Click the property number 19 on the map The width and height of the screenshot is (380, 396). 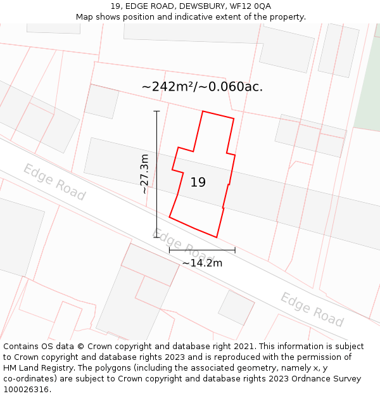click(x=198, y=182)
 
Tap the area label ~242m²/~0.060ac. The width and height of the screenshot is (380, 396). click(x=202, y=87)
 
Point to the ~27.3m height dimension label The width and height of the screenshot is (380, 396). click(x=145, y=174)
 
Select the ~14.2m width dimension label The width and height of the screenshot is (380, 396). click(x=202, y=263)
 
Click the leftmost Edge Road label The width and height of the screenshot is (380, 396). click(x=54, y=182)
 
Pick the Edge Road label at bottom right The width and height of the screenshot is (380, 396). click(x=312, y=309)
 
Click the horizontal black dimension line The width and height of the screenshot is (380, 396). click(x=202, y=250)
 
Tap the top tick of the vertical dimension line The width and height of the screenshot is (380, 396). click(x=156, y=112)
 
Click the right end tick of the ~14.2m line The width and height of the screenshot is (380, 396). click(x=235, y=250)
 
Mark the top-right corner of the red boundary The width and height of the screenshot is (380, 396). click(x=234, y=118)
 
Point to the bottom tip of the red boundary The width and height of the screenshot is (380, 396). click(x=217, y=238)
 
